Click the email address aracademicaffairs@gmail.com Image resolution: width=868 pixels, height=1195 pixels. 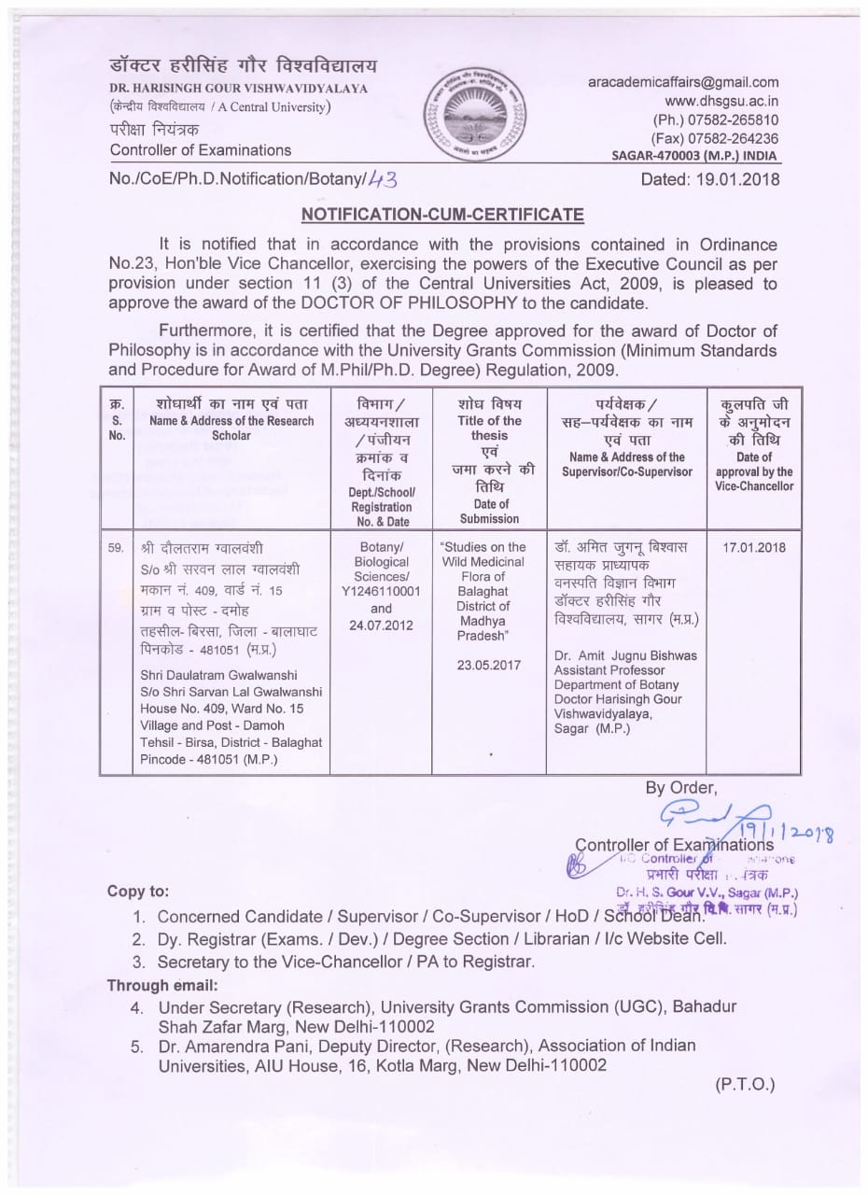point(683,82)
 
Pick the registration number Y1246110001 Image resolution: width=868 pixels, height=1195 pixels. point(381,592)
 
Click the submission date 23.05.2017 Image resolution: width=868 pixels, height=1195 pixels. point(489,666)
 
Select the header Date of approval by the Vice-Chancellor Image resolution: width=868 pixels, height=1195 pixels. point(754,471)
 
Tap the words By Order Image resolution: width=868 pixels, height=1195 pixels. point(680,786)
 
